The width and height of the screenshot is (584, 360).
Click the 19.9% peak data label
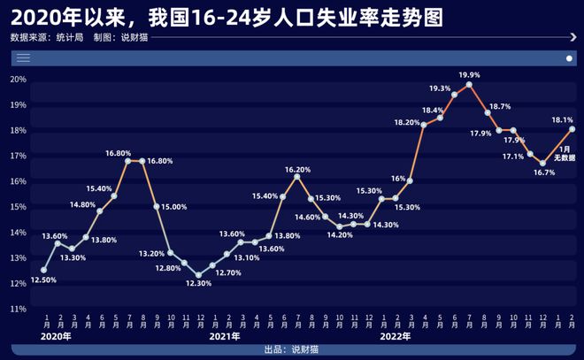(470, 74)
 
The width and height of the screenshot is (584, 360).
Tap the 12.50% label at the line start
(44, 280)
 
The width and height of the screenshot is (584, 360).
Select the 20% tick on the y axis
(19, 79)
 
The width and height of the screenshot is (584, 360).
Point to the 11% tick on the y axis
(19, 309)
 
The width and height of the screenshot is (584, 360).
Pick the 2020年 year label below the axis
(54, 336)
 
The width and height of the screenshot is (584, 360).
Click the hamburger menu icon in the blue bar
(24, 57)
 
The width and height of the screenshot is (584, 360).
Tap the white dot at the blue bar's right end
(569, 57)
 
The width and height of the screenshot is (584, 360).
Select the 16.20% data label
(297, 169)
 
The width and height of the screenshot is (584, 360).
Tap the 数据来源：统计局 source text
(47, 38)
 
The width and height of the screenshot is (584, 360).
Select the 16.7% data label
(543, 172)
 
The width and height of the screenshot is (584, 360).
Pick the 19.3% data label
(440, 88)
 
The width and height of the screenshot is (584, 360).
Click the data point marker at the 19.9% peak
(469, 85)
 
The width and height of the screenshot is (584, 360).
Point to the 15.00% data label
(173, 207)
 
